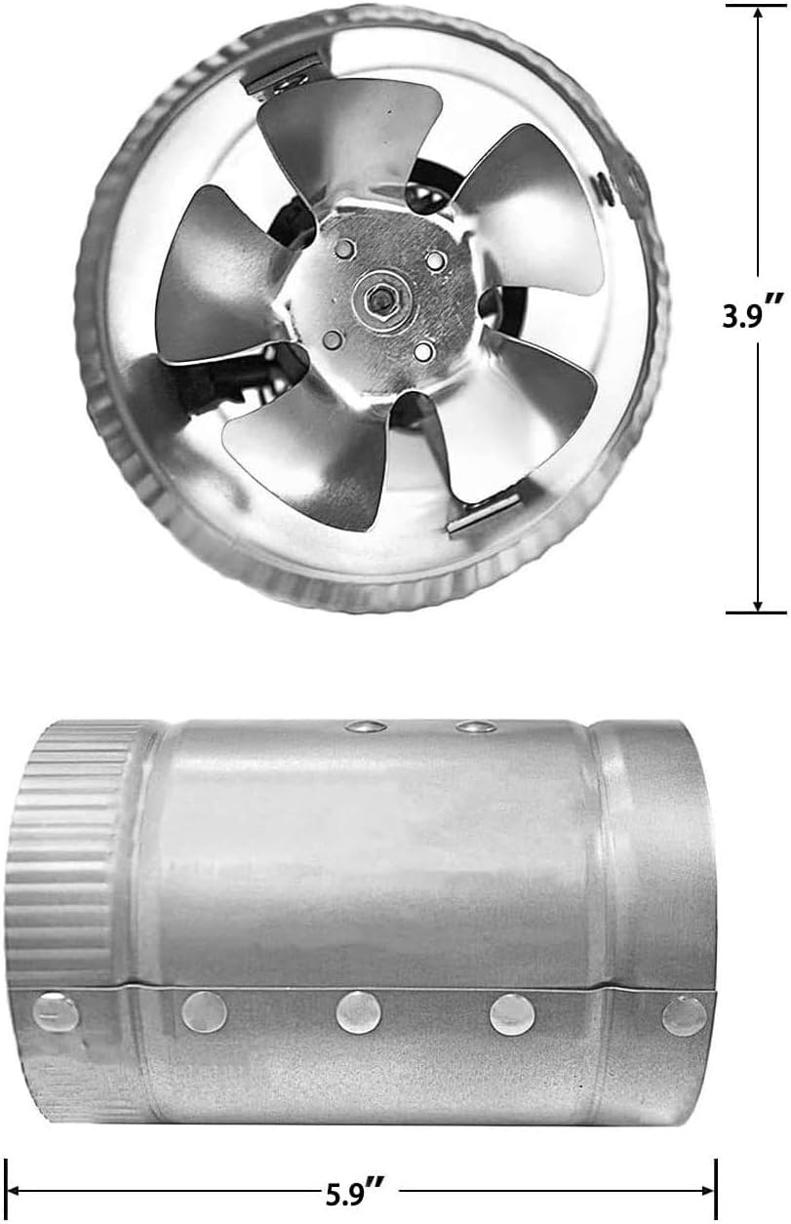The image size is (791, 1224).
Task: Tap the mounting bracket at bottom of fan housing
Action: [483, 513]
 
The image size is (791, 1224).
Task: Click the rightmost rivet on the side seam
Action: [685, 1015]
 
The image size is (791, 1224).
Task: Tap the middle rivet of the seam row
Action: [358, 1012]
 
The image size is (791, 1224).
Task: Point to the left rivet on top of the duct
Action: [365, 726]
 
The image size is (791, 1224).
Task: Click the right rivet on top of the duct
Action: [476, 726]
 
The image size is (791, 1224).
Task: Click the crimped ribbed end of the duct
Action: [68, 849]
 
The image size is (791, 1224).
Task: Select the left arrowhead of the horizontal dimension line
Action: [14, 1191]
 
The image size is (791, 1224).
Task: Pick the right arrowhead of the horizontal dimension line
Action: [709, 1191]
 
